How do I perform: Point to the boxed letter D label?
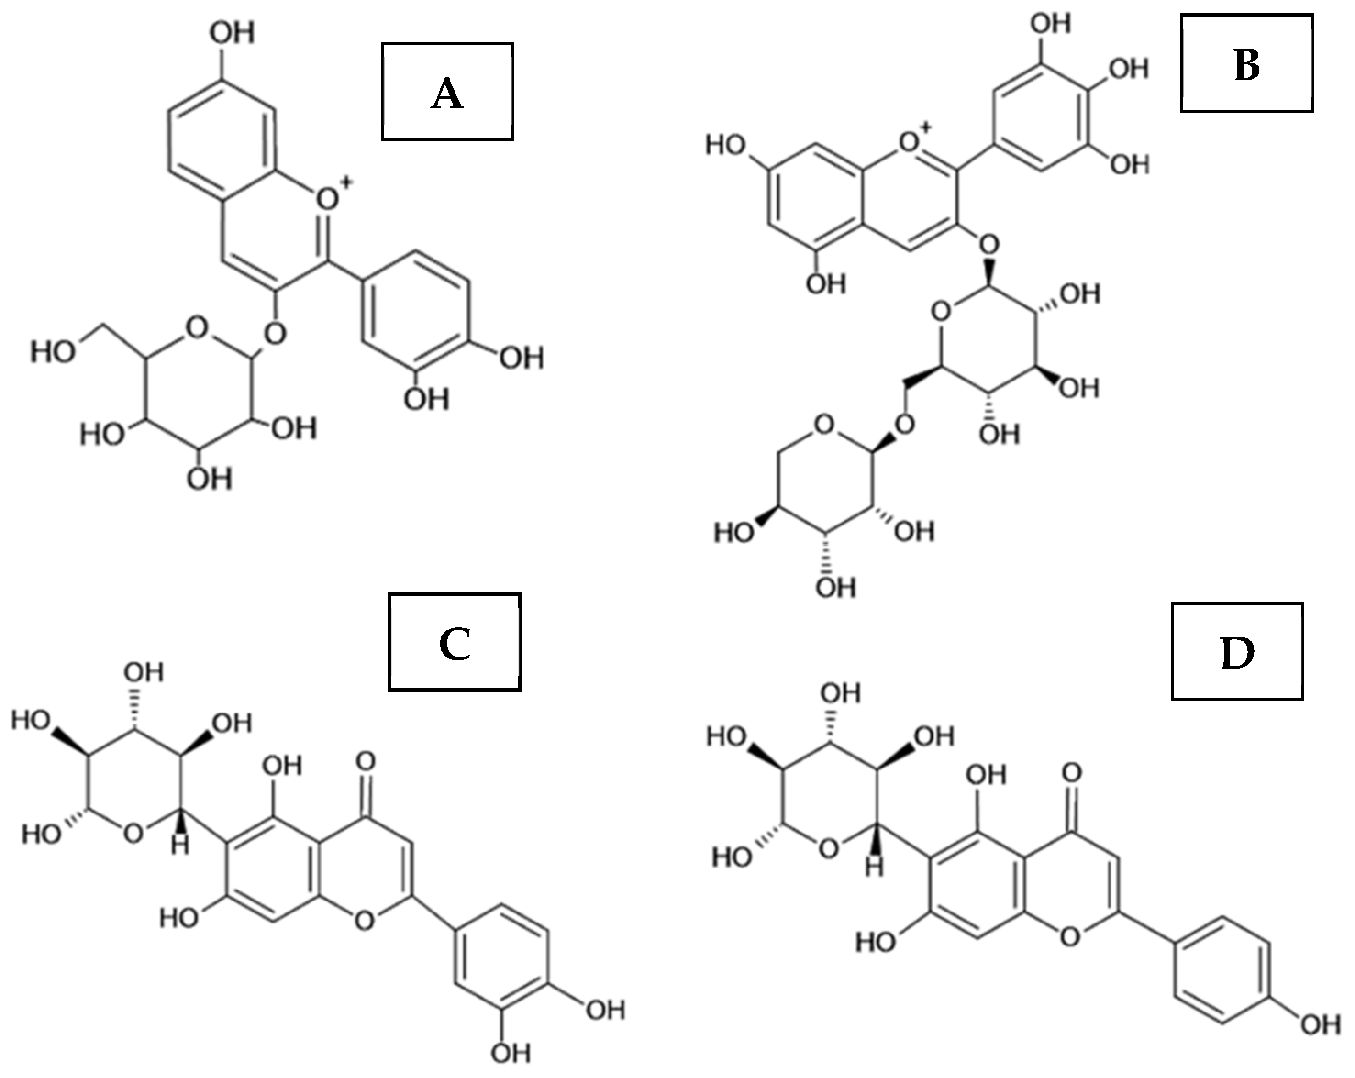click(x=1237, y=652)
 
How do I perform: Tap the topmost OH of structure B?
click(x=1051, y=23)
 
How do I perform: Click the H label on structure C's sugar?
click(x=180, y=846)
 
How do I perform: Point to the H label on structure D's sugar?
click(x=873, y=868)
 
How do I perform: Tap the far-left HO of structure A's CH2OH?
click(x=53, y=352)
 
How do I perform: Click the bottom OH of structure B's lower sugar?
click(x=835, y=588)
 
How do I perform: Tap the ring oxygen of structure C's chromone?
click(x=365, y=920)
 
